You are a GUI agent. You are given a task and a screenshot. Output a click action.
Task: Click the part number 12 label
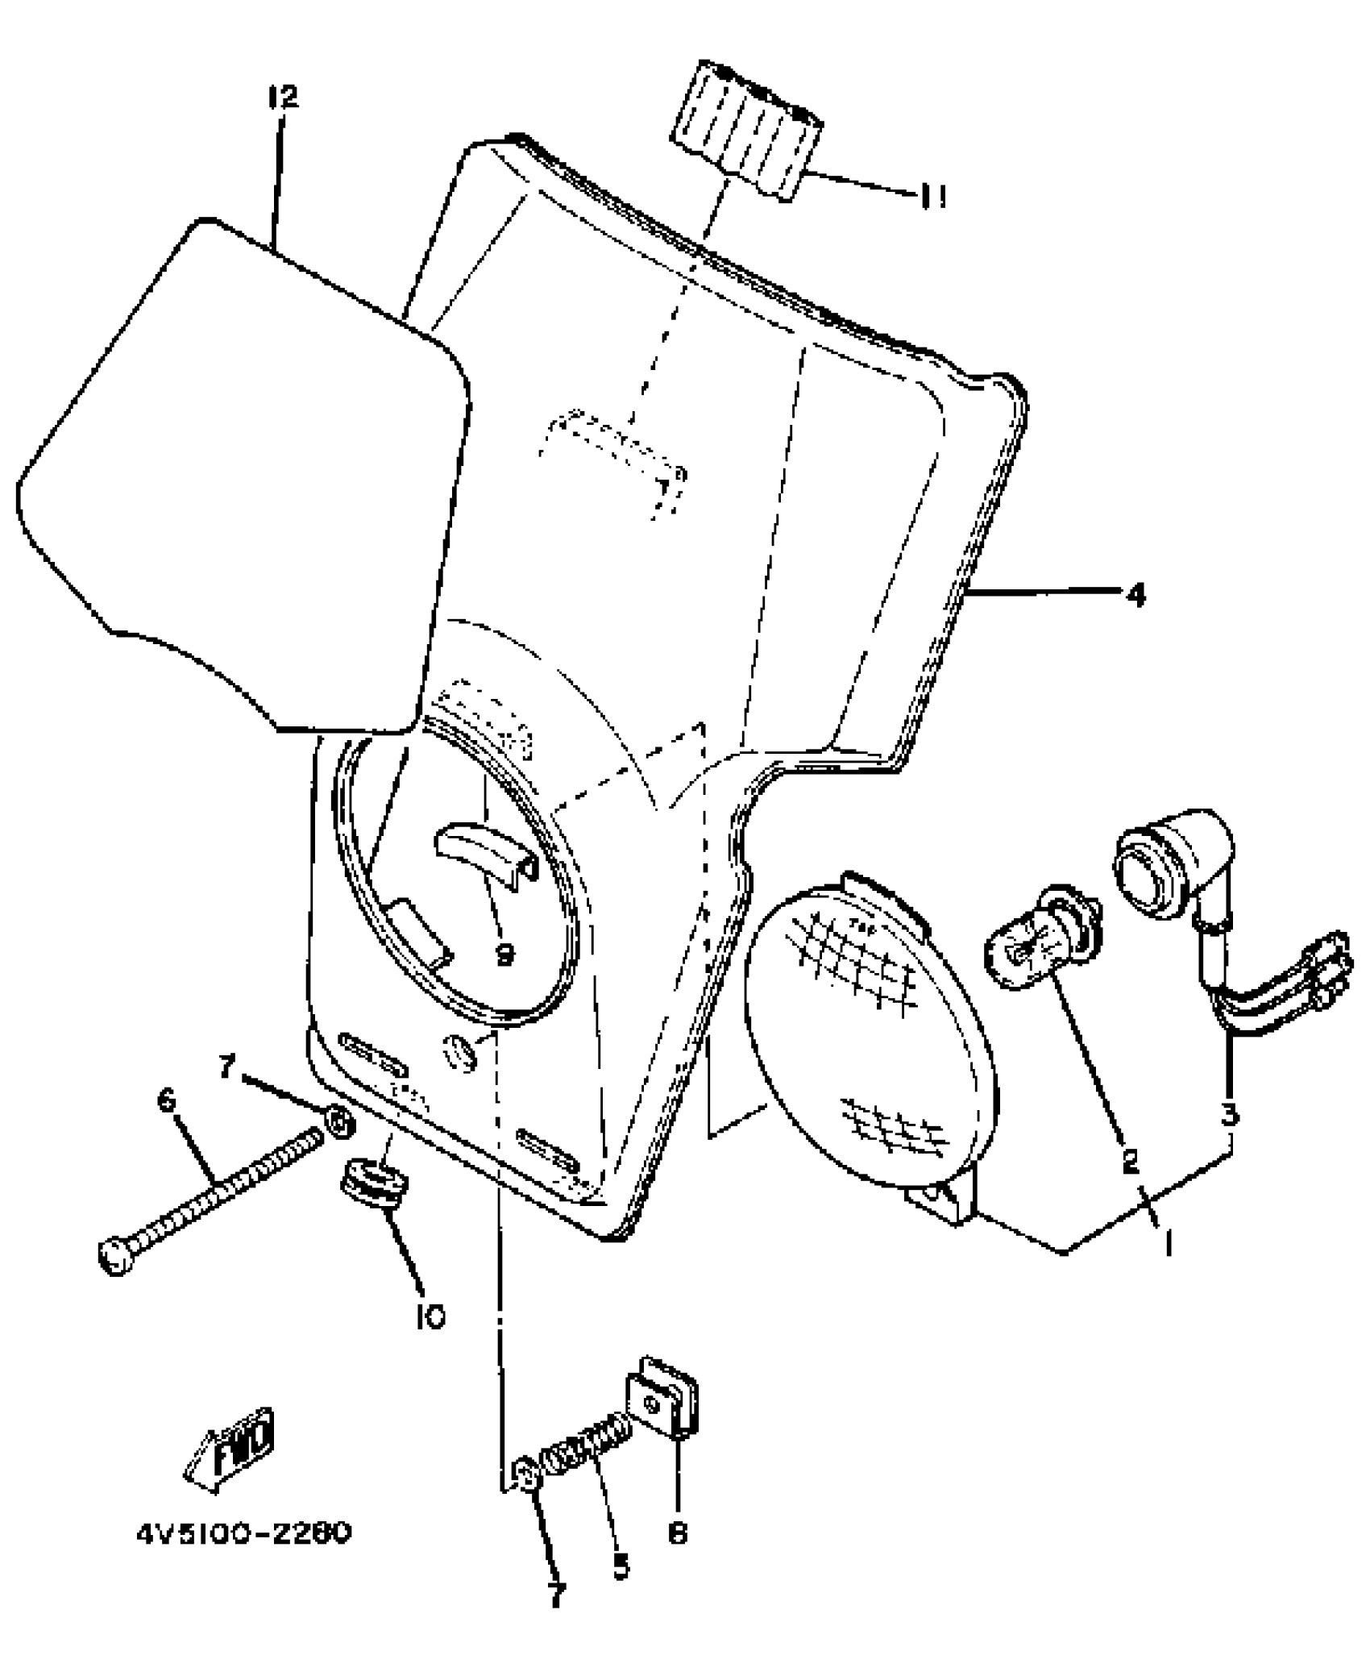pyautogui.click(x=282, y=98)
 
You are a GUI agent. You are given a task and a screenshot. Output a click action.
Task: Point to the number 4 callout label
pyautogui.click(x=1135, y=596)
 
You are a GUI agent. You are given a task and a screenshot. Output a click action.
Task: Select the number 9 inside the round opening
pyautogui.click(x=504, y=955)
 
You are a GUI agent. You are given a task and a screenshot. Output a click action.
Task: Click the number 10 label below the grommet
pyautogui.click(x=431, y=1316)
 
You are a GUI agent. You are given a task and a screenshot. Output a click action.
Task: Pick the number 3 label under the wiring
pyautogui.click(x=1230, y=1115)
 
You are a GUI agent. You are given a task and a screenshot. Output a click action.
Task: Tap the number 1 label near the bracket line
pyautogui.click(x=1167, y=1242)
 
